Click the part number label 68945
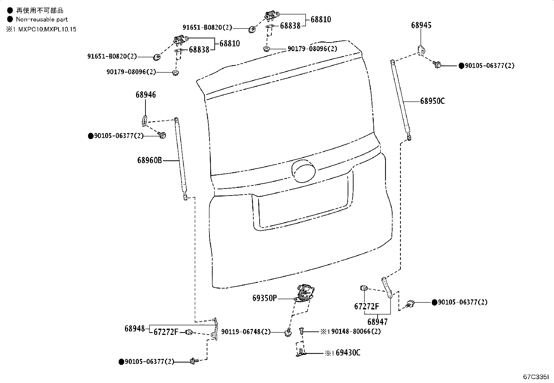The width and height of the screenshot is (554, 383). [x=421, y=25]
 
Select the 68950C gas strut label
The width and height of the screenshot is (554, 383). [x=432, y=101]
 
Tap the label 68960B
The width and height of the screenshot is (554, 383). [x=149, y=160]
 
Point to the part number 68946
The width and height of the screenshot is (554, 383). [x=146, y=95]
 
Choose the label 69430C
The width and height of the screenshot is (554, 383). [x=348, y=353]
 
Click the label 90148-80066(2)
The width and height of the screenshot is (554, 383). [x=356, y=331]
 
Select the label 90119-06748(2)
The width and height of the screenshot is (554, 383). [x=246, y=332]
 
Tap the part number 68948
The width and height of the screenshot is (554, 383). [x=135, y=329]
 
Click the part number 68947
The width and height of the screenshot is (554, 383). [x=378, y=322]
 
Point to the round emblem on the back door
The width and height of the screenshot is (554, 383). [x=303, y=171]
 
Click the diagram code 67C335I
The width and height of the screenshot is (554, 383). [x=536, y=377]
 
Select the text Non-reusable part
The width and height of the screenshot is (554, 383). [x=42, y=19]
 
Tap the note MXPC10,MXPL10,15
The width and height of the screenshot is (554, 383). [x=47, y=29]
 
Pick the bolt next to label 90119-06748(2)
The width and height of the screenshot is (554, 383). [x=288, y=332]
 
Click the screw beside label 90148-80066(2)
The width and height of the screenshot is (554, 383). [x=301, y=331]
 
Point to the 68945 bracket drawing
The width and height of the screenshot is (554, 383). [x=421, y=51]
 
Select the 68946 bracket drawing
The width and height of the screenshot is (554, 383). [x=145, y=121]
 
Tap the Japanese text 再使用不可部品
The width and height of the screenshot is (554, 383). [x=40, y=10]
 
